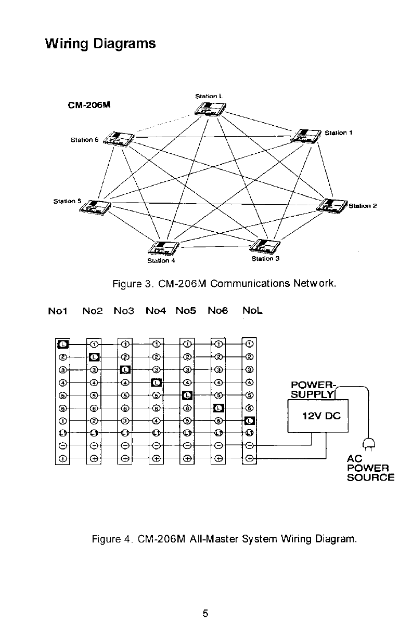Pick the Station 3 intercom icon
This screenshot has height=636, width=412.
(x=267, y=245)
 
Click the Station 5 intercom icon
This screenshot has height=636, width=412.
(x=95, y=207)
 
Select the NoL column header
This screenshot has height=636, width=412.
(x=252, y=311)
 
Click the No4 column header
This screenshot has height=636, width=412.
(x=155, y=311)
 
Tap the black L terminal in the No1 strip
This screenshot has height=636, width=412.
(x=62, y=343)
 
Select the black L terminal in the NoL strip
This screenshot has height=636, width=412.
(x=250, y=420)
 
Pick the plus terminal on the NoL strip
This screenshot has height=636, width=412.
(x=250, y=458)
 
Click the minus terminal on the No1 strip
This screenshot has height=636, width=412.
(x=62, y=446)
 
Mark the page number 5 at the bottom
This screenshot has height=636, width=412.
(x=205, y=614)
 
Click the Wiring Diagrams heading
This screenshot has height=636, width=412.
(x=100, y=43)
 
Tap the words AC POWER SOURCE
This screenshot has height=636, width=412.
(x=370, y=468)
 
